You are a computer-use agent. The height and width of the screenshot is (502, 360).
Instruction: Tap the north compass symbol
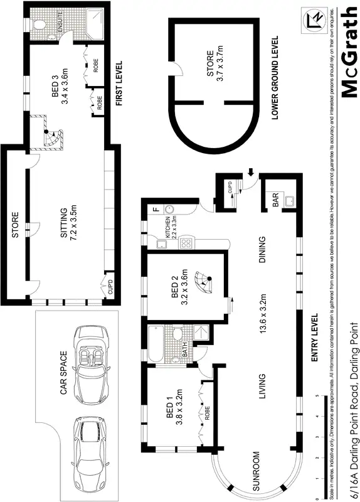point(314,20)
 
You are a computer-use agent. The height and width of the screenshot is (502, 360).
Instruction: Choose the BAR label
point(274,200)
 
